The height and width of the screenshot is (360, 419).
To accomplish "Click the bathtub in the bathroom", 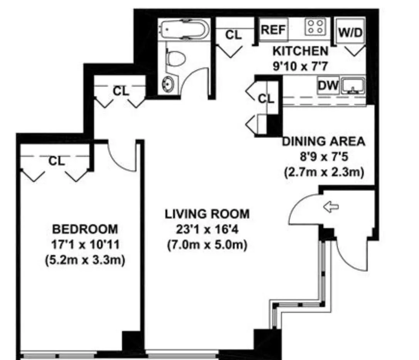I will (185, 29).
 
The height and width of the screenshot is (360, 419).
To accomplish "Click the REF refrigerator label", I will (273, 30).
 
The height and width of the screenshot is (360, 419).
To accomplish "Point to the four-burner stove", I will (315, 27).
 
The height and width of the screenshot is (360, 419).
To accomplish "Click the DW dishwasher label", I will (328, 85).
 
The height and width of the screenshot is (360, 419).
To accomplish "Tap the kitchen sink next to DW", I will (352, 85).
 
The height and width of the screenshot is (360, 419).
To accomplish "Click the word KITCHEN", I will (301, 51).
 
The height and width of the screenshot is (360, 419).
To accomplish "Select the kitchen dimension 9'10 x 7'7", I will (301, 66).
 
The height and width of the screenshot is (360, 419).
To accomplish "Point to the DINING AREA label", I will (324, 141).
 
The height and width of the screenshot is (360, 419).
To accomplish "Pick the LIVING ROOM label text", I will (207, 214).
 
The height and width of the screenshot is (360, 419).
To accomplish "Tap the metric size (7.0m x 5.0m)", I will (207, 244).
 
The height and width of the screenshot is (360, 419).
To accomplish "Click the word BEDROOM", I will (85, 229).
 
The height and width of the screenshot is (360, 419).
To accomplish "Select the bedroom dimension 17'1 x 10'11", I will (85, 245).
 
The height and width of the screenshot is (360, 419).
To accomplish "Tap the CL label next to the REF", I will (233, 35).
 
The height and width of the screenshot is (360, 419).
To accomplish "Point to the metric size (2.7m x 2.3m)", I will (324, 172).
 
